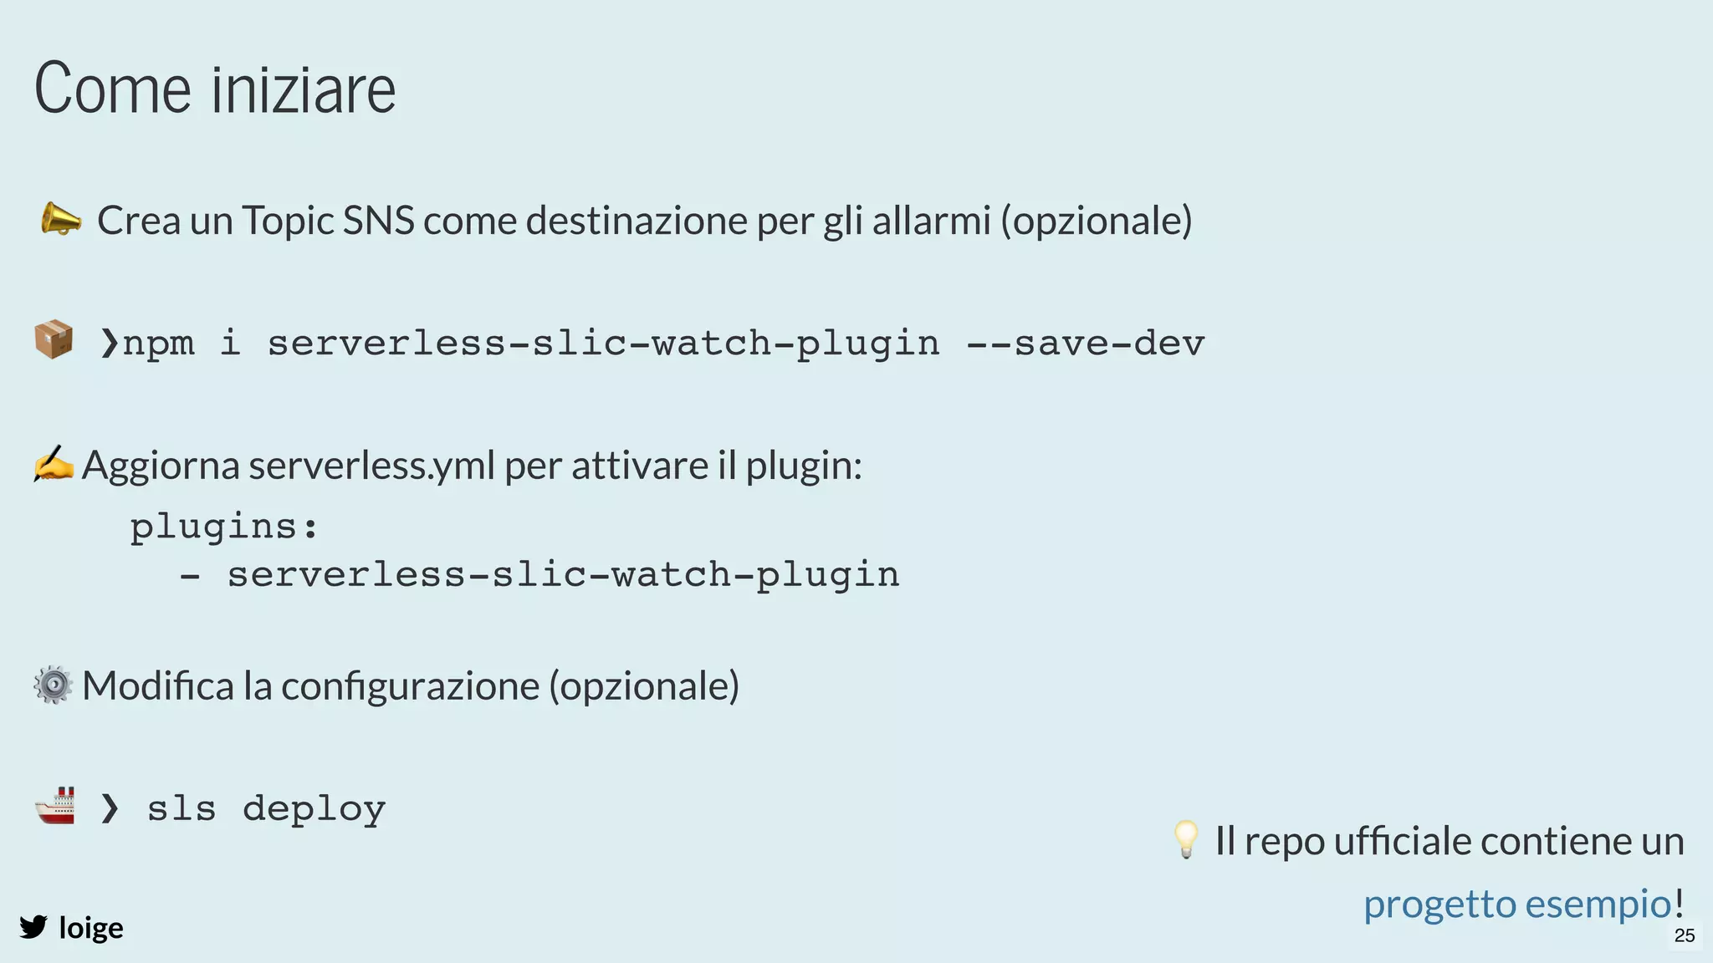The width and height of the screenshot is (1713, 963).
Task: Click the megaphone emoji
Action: click(x=61, y=220)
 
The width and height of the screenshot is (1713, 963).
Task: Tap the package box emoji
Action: click(x=54, y=340)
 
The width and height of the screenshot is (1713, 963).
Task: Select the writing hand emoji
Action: click(x=54, y=464)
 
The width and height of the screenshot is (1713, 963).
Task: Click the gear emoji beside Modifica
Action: click(x=54, y=685)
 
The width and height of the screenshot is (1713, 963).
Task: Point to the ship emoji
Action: click(x=55, y=807)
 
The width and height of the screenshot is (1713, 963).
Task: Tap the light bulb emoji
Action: click(x=1186, y=839)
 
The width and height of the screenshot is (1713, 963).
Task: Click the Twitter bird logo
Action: click(x=33, y=927)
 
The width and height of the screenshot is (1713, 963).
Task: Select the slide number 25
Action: click(x=1685, y=935)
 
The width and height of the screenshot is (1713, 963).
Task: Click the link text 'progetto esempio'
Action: click(x=1517, y=904)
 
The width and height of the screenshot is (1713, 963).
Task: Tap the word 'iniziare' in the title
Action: click(x=303, y=89)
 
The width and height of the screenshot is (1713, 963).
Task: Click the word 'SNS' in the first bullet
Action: click(x=378, y=221)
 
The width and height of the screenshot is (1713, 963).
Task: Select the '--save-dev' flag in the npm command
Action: click(x=1085, y=344)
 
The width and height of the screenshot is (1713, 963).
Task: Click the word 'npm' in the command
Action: click(x=159, y=344)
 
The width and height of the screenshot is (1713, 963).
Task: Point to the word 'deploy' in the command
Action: click(x=314, y=809)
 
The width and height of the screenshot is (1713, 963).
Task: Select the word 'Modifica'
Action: click(x=158, y=686)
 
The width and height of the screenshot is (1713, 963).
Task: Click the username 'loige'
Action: click(x=91, y=928)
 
